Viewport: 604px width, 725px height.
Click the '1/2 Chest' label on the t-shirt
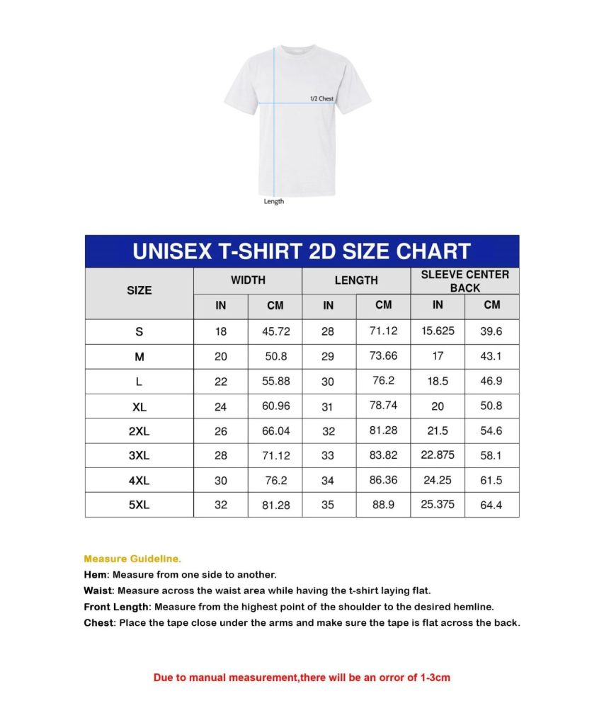321,98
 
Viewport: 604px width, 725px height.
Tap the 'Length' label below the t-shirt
274,202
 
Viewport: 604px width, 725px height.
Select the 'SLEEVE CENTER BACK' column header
465,281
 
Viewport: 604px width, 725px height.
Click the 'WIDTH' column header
248,280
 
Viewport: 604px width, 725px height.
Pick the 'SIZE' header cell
139,290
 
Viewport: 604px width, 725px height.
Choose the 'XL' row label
139,407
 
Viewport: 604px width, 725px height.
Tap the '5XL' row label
139,506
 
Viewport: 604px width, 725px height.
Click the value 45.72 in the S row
275,332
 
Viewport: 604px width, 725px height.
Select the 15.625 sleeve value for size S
438,331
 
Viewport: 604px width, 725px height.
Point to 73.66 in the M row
383,355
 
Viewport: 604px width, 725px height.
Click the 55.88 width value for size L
275,382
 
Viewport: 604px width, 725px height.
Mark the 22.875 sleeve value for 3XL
438,455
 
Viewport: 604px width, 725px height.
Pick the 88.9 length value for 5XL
383,504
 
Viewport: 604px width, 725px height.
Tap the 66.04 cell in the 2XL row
275,431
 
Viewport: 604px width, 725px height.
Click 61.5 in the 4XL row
491,480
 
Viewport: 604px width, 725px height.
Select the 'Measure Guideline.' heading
132,559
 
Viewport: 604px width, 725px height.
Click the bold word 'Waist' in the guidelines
98,590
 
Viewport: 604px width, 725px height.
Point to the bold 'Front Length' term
116,607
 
